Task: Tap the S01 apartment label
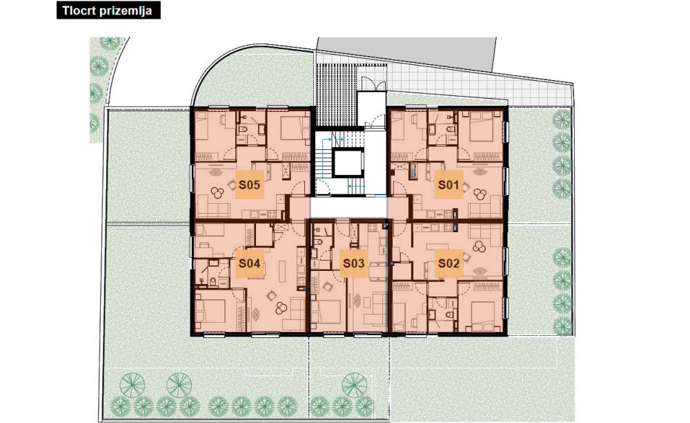point(448,185)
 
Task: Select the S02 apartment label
point(448,263)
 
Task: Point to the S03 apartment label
point(354,263)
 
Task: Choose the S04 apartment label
point(249,263)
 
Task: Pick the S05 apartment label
point(249,185)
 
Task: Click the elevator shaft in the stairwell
point(348,163)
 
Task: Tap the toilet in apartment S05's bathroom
point(242,129)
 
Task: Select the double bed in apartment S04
point(210,310)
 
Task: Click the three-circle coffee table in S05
point(217,193)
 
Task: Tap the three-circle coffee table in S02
point(479,247)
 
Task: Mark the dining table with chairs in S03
point(376,271)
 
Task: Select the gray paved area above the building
point(407,52)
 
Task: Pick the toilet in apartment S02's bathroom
point(449,314)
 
